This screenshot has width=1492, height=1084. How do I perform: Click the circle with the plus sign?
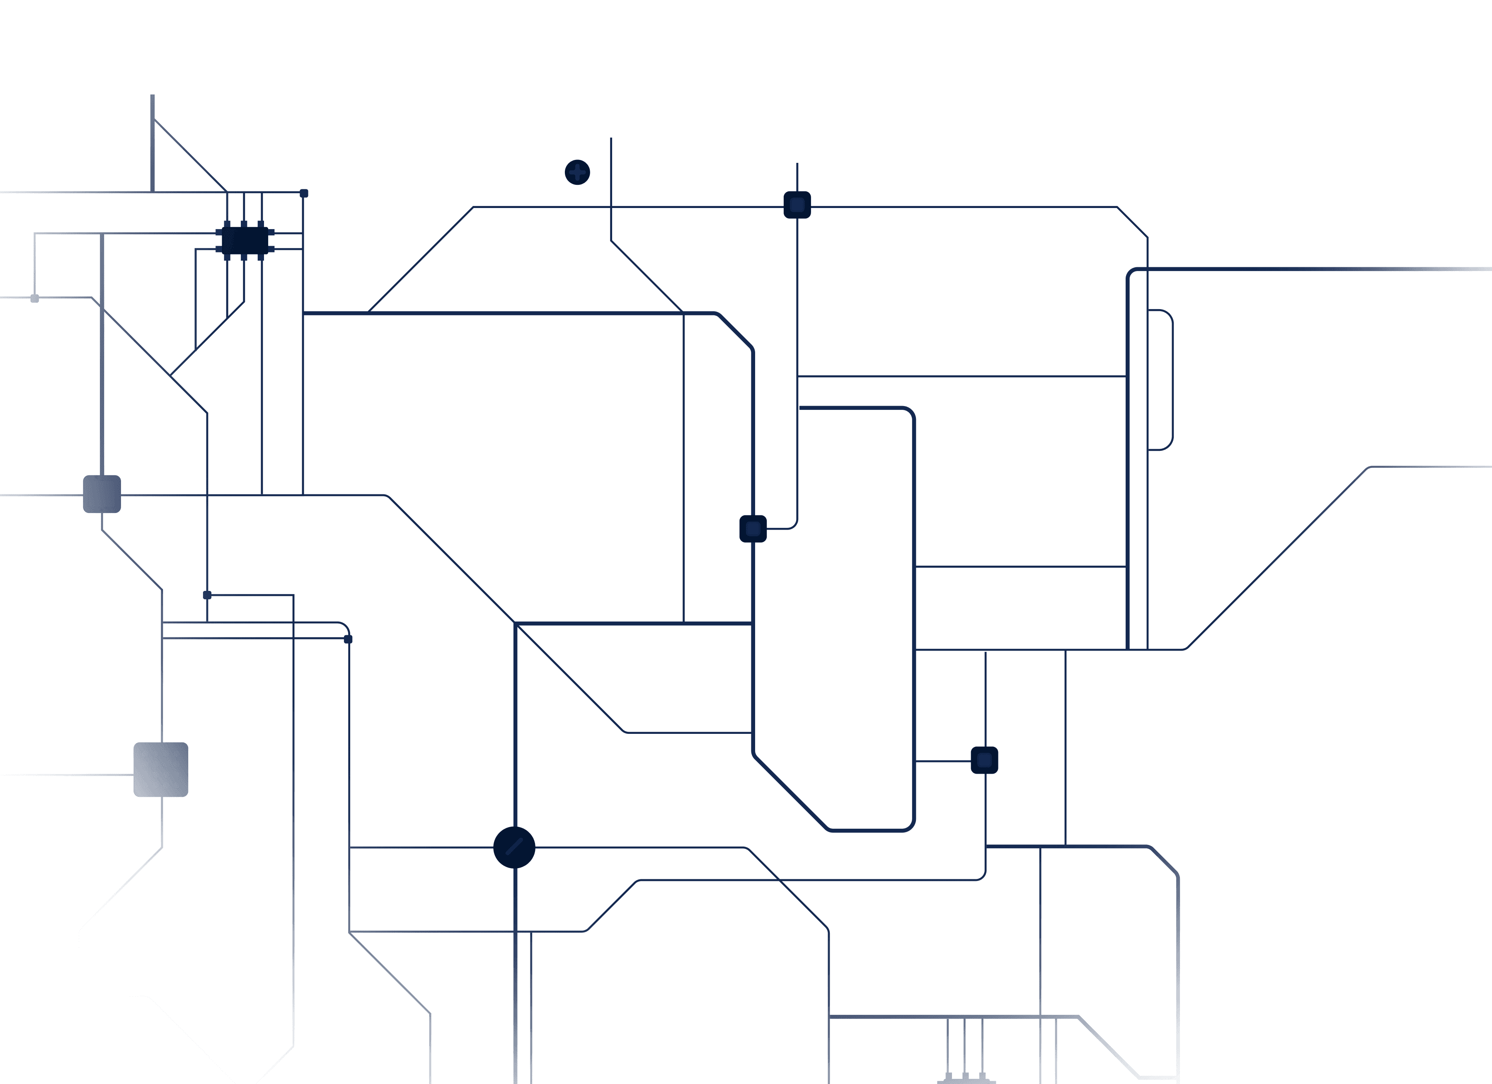578,172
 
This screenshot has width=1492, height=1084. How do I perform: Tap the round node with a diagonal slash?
514,847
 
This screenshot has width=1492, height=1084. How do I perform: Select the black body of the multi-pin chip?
245,241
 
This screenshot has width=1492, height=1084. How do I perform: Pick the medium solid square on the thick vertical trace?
102,494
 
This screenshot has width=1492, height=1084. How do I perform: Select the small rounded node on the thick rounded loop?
753,529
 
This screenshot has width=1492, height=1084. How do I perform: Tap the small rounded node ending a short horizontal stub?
984,760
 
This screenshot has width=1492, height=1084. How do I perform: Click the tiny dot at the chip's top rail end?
304,194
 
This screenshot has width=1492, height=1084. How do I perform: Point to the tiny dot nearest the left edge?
35,299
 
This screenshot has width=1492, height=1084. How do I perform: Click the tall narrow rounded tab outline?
1161,380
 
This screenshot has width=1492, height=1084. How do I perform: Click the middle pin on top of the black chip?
244,224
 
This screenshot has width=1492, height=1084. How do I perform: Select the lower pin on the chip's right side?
271,249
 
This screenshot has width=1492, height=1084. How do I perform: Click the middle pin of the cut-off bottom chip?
965,1074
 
